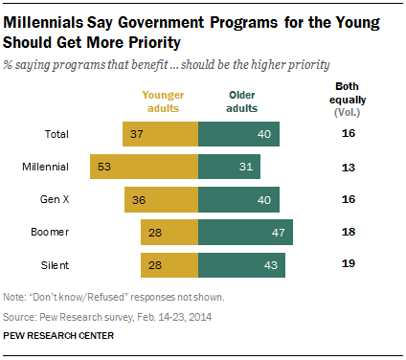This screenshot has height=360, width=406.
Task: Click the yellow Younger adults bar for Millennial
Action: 143,167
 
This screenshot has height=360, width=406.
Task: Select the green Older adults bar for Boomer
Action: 245,233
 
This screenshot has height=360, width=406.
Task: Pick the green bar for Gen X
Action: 238,199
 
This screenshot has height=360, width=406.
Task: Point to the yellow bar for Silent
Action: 169,265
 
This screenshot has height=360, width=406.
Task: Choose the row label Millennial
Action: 44,167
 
